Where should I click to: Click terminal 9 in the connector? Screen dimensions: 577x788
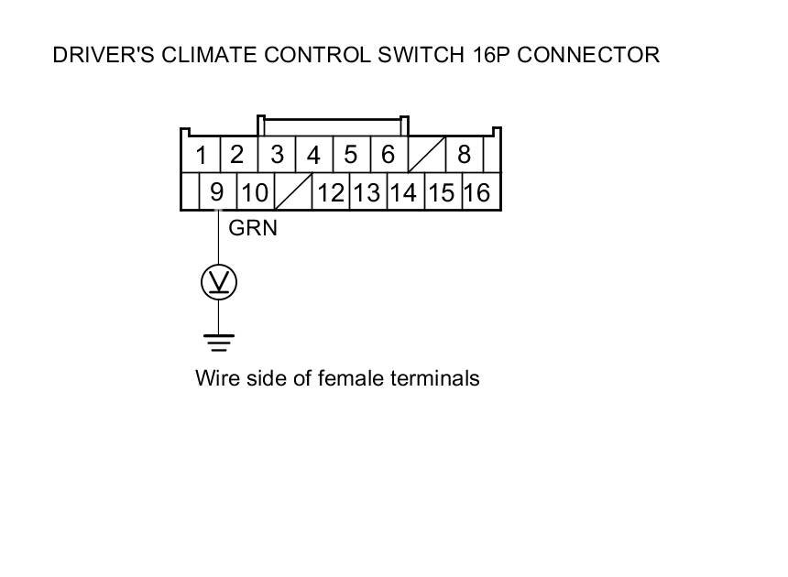[217, 192]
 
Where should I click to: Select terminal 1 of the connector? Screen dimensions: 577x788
[201, 155]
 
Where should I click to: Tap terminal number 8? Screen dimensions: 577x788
[464, 155]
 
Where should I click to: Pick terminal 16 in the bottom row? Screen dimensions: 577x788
[477, 192]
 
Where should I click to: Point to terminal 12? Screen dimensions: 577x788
[331, 192]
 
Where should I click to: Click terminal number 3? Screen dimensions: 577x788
[277, 155]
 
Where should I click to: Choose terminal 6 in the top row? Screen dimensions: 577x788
[388, 155]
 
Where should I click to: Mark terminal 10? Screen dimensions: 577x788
[256, 192]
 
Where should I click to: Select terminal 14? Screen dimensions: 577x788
[403, 192]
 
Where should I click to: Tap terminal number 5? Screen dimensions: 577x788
[351, 155]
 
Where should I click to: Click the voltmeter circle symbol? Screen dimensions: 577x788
[218, 283]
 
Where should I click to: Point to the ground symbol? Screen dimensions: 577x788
[218, 343]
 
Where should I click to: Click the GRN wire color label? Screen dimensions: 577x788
[253, 228]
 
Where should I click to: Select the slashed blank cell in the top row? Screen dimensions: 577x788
[425, 155]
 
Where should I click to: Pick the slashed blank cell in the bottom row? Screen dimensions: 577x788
[293, 192]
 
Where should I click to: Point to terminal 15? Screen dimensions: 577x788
[441, 192]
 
